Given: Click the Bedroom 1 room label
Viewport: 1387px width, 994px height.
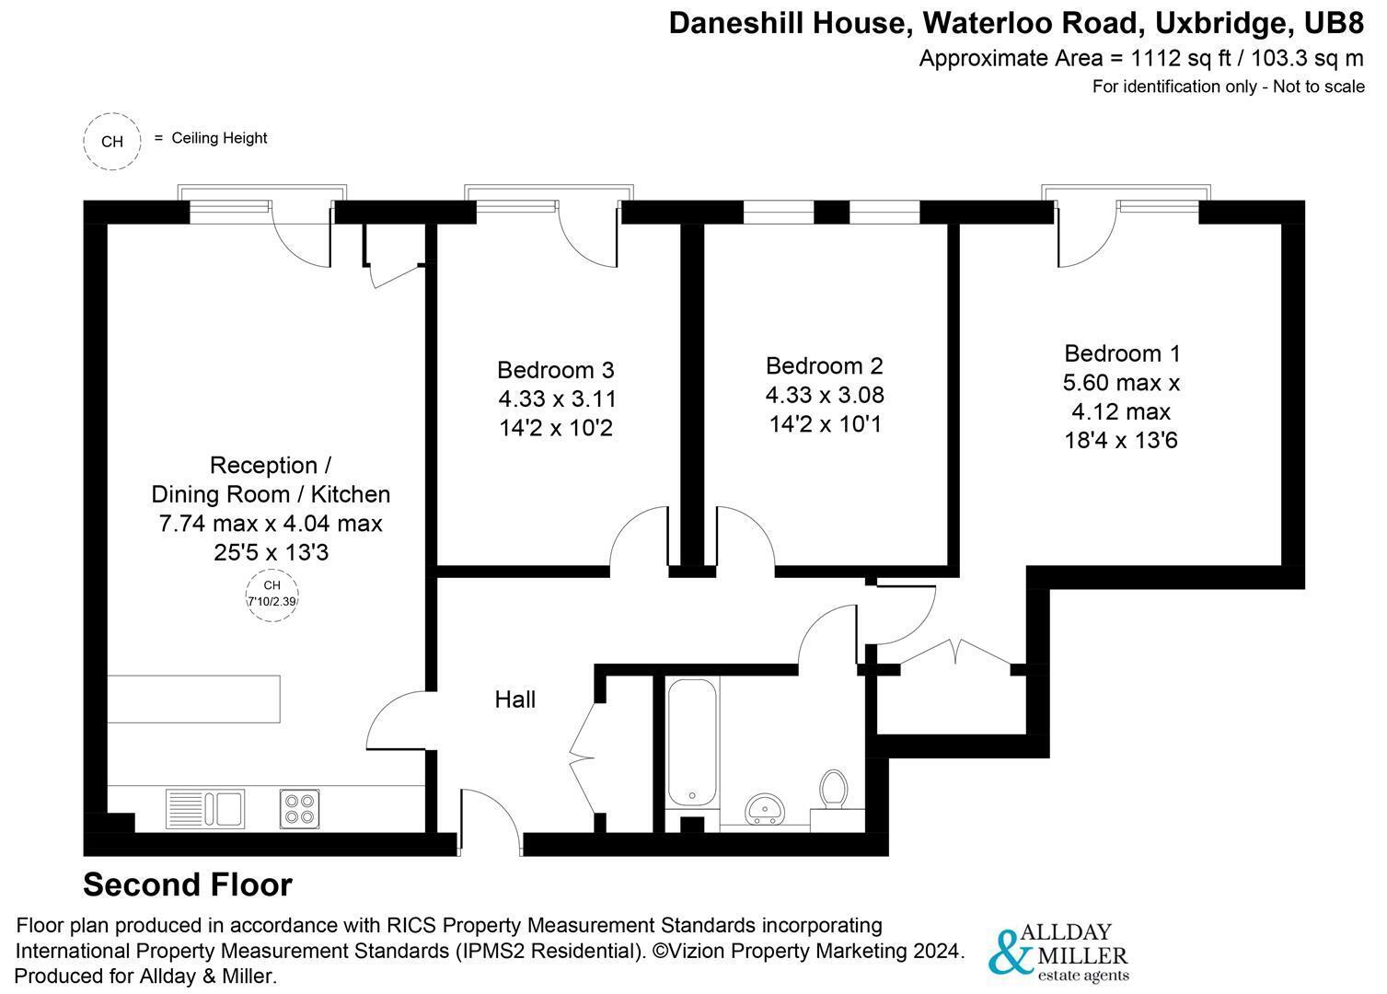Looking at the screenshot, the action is (x=1121, y=353).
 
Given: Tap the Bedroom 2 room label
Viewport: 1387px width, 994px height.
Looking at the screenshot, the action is (x=824, y=366).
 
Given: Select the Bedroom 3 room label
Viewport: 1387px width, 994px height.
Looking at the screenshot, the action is (x=555, y=370).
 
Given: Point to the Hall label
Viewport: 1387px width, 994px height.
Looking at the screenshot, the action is (x=514, y=699).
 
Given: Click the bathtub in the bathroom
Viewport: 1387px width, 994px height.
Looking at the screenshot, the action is (x=692, y=743).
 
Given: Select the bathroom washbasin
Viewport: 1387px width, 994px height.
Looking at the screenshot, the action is (x=766, y=809).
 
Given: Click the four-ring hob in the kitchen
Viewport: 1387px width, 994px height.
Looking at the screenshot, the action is (x=299, y=809).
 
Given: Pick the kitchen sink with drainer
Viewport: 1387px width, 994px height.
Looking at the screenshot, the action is (x=205, y=809).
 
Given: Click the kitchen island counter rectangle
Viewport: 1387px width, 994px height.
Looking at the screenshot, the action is (x=193, y=699).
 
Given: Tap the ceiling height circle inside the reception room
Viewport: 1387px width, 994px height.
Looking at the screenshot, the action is (x=272, y=595).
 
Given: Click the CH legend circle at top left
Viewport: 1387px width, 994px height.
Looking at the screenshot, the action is (x=112, y=141).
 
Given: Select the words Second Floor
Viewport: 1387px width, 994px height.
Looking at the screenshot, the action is (x=188, y=884).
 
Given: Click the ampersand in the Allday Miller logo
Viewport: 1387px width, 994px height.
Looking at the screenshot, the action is (x=1011, y=952).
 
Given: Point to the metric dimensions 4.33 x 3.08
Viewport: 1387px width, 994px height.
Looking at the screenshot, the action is (x=824, y=395).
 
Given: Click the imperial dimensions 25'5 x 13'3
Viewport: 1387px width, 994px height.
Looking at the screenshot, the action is (x=272, y=552).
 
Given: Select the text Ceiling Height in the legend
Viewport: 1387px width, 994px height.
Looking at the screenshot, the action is (x=219, y=138).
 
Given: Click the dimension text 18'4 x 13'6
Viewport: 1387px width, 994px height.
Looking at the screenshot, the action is (x=1121, y=440).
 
